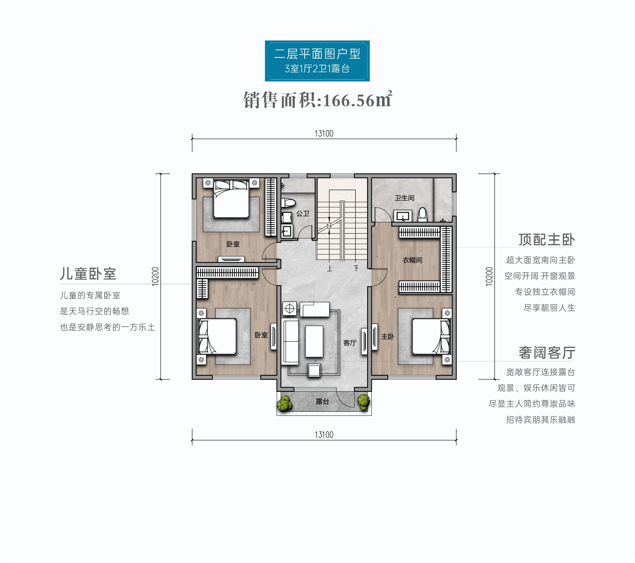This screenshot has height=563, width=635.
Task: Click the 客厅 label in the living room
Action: tap(349, 343)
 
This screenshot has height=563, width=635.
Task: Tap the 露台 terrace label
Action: tap(322, 401)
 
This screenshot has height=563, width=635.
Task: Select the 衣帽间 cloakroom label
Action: tap(412, 260)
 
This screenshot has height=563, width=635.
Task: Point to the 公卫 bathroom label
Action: tap(303, 214)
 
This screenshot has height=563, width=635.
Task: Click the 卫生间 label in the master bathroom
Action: tap(404, 198)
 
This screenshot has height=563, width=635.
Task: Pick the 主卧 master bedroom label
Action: tap(388, 336)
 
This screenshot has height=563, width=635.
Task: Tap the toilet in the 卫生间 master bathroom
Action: tap(422, 215)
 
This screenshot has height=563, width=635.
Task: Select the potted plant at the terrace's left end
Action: tap(284, 403)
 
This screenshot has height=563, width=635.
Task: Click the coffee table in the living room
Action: tap(314, 341)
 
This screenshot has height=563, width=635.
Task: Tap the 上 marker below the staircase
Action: tap(330, 268)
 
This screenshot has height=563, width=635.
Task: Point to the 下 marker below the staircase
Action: tap(356, 268)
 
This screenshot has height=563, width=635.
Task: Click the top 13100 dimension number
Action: tap(324, 134)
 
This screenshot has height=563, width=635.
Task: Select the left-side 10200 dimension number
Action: tap(155, 276)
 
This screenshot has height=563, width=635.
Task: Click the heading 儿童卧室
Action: tap(88, 274)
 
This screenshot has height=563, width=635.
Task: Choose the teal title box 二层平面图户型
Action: tap(317, 61)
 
